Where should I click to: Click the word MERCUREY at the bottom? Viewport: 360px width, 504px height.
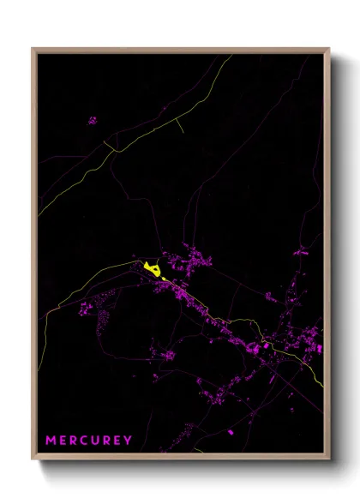[x=89, y=441]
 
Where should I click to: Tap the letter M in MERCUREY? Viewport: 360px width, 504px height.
[x=51, y=441]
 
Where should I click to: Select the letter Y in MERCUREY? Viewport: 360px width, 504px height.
[x=129, y=441]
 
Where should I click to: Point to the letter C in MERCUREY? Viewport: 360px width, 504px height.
[x=84, y=441]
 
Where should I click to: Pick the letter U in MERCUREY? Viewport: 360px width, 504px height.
[x=95, y=441]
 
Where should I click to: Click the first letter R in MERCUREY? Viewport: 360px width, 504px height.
[x=73, y=441]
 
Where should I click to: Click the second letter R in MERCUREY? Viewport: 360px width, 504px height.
[x=106, y=441]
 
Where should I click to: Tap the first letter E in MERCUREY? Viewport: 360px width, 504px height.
[x=63, y=441]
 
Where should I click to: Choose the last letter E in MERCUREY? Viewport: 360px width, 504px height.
[x=117, y=441]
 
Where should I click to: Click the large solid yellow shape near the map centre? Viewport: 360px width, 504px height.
[x=153, y=270]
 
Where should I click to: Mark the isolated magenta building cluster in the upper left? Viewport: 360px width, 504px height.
[x=92, y=121]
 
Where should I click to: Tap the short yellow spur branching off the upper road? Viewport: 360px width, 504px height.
[x=180, y=125]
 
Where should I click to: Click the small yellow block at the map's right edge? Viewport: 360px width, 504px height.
[x=320, y=349]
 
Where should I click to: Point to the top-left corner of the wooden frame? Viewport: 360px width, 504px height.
[x=33, y=49]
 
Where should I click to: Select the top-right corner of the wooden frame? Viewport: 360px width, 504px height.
[x=328, y=49]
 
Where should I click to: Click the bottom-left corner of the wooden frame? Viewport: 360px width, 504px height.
[x=33, y=459]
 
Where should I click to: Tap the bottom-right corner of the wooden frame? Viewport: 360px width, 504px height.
[x=328, y=459]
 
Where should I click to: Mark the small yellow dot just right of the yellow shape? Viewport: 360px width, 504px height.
[x=165, y=278]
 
